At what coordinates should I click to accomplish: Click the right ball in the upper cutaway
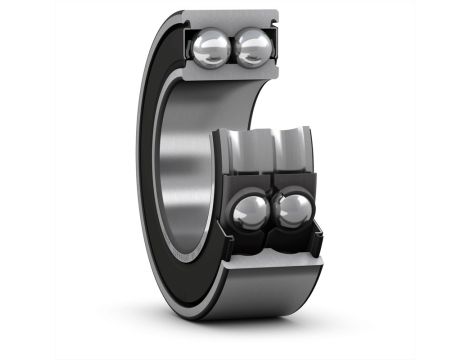pyautogui.click(x=253, y=47)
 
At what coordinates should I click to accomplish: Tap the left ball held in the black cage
pyautogui.click(x=252, y=211)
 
